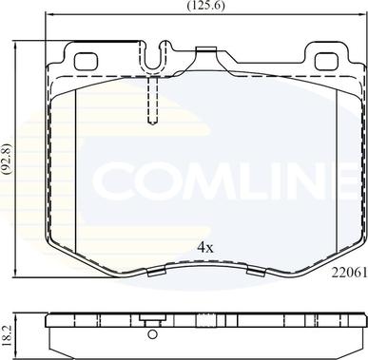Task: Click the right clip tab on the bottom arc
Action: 254,275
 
